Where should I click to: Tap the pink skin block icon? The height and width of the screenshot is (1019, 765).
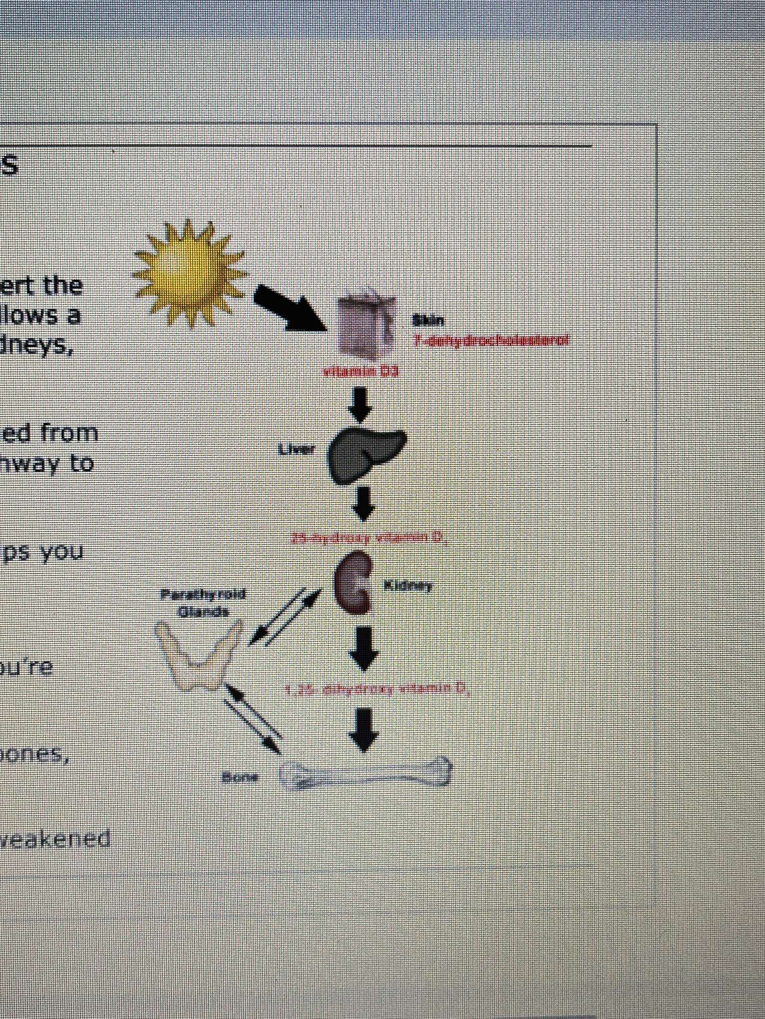[x=366, y=324]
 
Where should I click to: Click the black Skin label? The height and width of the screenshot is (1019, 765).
[x=428, y=320]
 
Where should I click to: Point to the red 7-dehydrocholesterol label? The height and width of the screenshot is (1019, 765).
[x=492, y=341]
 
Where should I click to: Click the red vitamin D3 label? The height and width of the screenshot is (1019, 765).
[x=362, y=371]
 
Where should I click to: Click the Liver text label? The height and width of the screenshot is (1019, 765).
[x=297, y=450]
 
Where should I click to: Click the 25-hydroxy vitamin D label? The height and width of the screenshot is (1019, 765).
[x=368, y=538]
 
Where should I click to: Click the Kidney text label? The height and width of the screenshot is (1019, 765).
[x=408, y=586]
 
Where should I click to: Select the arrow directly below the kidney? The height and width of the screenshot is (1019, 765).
[x=364, y=648]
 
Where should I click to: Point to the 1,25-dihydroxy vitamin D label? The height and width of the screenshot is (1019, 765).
[x=377, y=690]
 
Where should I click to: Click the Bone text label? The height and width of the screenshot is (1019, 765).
[x=240, y=777]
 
